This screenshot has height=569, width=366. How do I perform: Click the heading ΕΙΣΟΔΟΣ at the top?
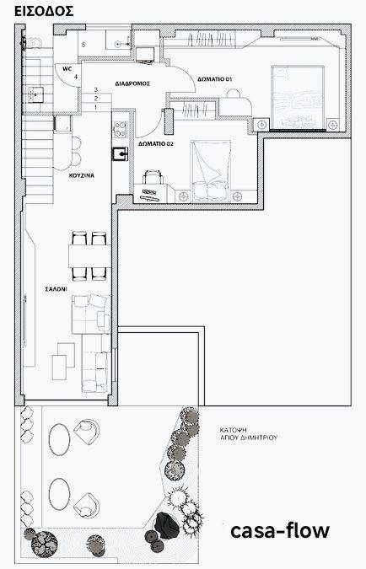44,11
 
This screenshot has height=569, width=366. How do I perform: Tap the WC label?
67,68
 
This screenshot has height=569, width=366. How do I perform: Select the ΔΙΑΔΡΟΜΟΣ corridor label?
132,83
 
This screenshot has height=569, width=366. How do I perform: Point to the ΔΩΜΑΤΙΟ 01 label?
214,79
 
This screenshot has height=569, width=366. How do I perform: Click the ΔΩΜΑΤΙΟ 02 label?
156,143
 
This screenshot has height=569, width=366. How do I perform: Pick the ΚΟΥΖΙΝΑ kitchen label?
82,175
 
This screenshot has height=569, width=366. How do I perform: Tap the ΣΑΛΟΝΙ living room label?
56,289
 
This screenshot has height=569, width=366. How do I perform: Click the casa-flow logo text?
280,531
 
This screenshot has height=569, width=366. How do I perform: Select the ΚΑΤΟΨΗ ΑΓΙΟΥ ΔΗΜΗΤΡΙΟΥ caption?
248,433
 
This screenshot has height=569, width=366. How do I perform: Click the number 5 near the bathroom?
83,45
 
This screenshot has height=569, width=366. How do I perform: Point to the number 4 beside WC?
76,77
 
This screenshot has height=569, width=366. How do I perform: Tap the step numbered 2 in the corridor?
96,99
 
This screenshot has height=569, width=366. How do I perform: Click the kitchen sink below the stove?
121,154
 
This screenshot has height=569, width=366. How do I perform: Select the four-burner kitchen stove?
121,129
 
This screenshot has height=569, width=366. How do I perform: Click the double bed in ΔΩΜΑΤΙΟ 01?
298,97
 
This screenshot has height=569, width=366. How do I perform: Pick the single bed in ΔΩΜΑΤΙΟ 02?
211,171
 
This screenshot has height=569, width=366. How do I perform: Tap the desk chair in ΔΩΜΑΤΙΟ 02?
153,177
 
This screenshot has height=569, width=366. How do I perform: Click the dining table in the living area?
89,256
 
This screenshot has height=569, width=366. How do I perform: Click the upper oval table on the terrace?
60,440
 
